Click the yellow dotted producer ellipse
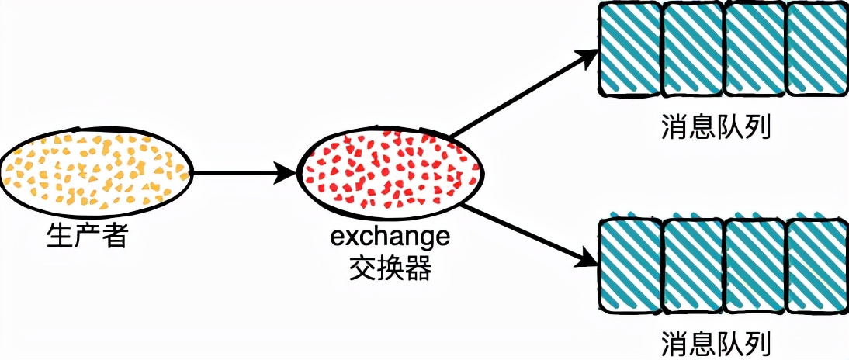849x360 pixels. tap(96, 173)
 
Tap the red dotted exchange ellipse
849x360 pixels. tap(391, 173)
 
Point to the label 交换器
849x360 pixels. tap(390, 268)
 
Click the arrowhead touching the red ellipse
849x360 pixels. tap(289, 173)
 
